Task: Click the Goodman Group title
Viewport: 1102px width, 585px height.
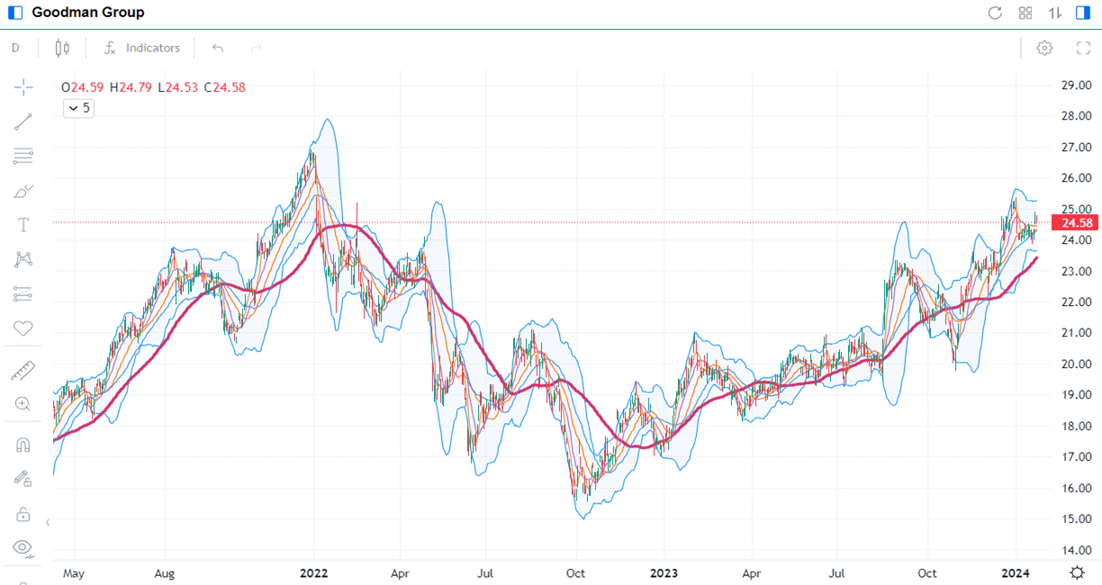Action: pos(87,13)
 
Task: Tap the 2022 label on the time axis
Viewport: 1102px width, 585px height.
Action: pos(313,572)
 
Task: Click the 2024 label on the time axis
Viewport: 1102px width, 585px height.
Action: pos(1015,572)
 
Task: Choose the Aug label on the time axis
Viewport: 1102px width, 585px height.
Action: pos(164,572)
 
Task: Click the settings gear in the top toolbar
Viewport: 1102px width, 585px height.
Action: pos(1044,48)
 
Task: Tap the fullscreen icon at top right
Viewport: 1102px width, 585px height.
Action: pos(1083,48)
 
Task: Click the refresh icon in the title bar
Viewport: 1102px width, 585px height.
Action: pos(995,13)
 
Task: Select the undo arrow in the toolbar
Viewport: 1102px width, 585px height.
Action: pos(217,48)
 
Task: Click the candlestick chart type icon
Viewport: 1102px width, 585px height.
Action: pos(62,48)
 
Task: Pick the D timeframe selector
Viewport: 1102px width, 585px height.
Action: pos(15,48)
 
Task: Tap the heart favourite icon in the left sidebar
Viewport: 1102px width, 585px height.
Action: pos(23,328)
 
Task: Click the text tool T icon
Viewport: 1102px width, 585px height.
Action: pos(23,225)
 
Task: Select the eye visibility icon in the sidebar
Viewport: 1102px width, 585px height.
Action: pos(23,547)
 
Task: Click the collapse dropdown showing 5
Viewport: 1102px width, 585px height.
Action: pos(78,108)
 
